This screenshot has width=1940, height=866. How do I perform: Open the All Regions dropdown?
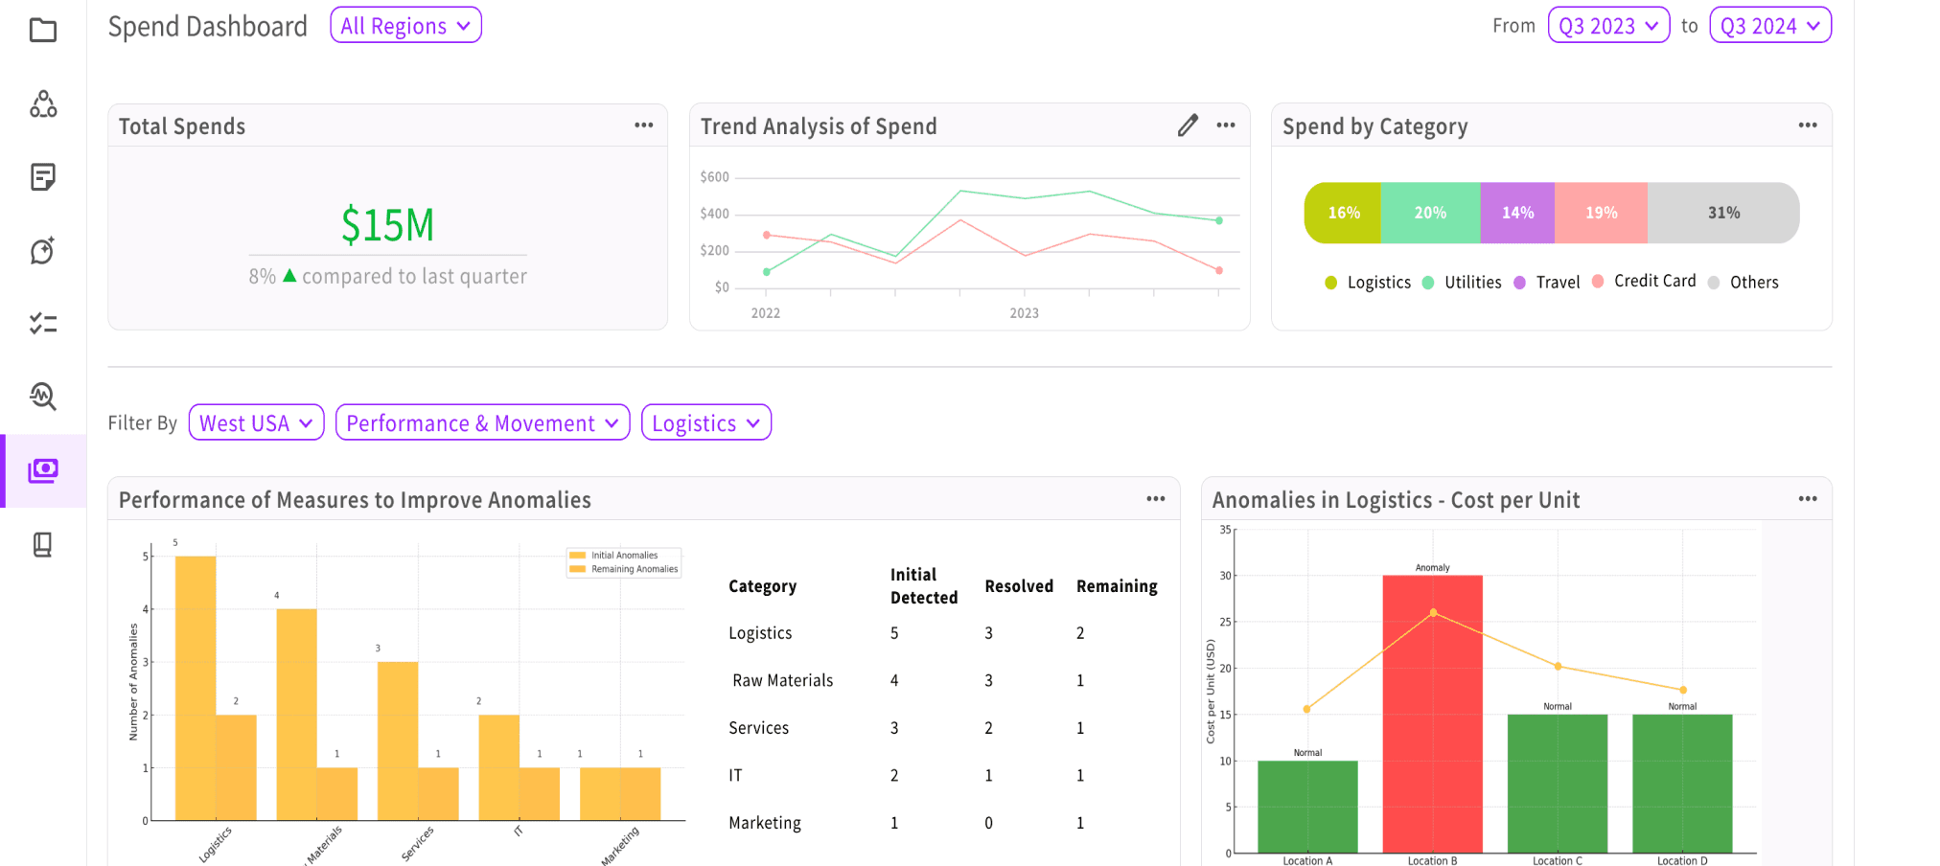tap(405, 26)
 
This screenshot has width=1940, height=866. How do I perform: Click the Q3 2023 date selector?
tap(1608, 26)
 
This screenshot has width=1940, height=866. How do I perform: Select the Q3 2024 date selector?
tap(1770, 26)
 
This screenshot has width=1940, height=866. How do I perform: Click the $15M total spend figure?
tap(388, 225)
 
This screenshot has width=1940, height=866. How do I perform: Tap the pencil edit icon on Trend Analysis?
tap(1188, 125)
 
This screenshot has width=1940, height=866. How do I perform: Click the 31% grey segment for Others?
tap(1723, 213)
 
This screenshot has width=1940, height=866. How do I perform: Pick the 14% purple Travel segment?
tap(1517, 213)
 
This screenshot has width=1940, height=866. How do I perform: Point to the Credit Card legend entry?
tap(1644, 281)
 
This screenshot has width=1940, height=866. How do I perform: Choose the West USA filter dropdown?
tap(256, 422)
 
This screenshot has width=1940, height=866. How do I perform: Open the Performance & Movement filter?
tap(482, 422)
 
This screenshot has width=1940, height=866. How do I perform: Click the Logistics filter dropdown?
tap(706, 422)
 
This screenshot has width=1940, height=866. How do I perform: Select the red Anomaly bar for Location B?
tap(1432, 714)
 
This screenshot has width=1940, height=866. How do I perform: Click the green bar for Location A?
tap(1307, 807)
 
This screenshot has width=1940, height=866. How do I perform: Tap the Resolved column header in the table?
tap(1019, 586)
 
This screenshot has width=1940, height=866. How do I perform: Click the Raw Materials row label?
tap(783, 680)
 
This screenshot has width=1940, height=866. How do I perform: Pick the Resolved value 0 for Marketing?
tap(989, 823)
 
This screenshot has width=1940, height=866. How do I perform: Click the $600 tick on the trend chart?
tap(715, 177)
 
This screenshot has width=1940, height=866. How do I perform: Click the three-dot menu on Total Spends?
tap(644, 125)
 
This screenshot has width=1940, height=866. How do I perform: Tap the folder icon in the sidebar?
tap(43, 31)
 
